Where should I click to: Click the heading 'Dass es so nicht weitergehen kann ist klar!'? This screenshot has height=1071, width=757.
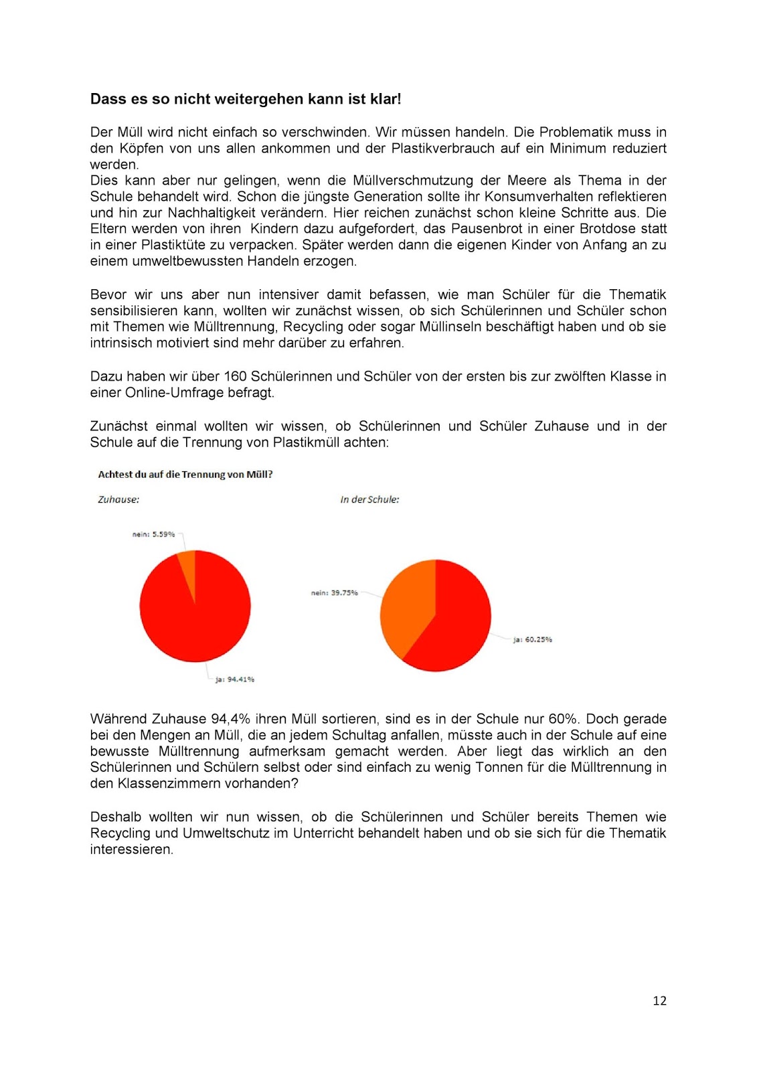246,99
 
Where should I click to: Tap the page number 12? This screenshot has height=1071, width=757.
659,1001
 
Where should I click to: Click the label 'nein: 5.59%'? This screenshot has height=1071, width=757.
153,534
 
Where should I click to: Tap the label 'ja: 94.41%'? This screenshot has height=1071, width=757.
234,679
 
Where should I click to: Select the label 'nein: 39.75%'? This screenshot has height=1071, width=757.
334,593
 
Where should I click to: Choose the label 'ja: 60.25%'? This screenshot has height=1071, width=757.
532,640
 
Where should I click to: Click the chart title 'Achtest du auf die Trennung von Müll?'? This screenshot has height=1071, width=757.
185,475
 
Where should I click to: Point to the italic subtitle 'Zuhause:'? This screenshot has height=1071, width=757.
118,500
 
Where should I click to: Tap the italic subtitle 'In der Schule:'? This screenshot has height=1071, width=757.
369,500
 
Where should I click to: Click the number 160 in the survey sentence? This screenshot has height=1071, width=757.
236,377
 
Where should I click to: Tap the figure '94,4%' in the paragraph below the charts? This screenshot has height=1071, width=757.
231,720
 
